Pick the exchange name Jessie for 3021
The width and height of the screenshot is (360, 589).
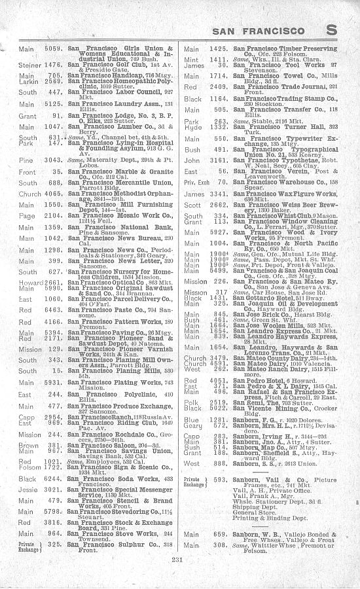pyautogui.click(x=27, y=507)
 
